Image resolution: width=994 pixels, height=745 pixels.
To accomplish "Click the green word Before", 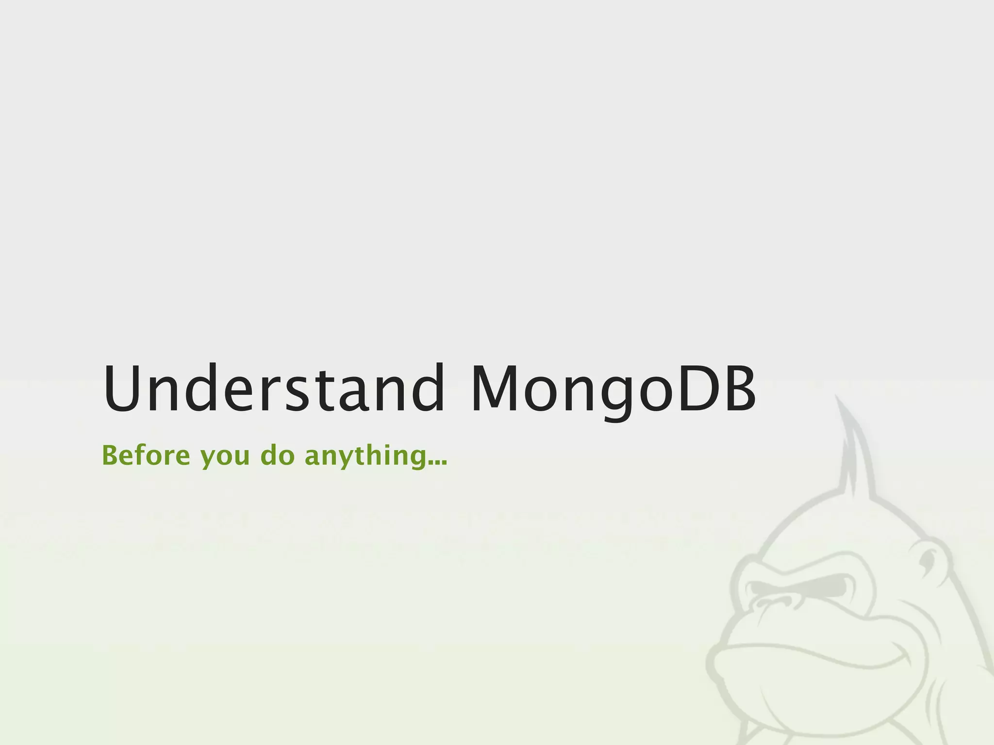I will click(146, 455).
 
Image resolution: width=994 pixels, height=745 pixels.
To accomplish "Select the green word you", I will click(225, 458).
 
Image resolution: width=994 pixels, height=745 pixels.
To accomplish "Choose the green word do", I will click(278, 455).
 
